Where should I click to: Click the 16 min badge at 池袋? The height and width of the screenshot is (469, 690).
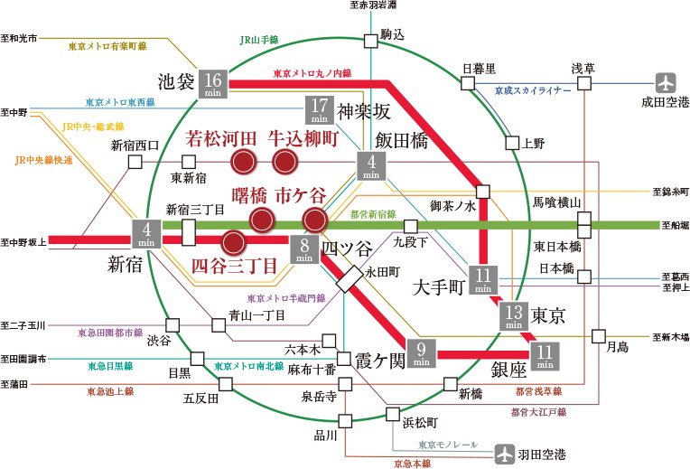213,84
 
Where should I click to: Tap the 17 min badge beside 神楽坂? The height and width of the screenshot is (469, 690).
320,110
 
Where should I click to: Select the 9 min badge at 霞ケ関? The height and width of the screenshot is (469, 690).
421,353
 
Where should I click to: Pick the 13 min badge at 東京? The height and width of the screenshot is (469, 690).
514,316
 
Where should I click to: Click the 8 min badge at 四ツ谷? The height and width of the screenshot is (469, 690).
304,249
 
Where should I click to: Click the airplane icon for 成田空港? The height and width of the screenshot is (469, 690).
666,83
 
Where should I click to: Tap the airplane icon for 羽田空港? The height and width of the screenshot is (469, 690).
504,454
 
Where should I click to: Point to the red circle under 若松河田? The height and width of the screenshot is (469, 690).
243,162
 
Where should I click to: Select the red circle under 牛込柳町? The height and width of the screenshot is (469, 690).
284,162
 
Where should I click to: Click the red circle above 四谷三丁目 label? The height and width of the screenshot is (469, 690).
233,243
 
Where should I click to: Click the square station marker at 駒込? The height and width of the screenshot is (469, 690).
371,41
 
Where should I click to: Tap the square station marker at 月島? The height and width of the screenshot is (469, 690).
599,336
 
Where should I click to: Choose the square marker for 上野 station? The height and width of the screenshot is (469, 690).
512,143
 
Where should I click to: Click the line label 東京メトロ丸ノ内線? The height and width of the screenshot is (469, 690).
312,73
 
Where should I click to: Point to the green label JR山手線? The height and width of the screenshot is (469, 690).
259,40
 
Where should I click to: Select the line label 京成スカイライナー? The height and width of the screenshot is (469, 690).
533,90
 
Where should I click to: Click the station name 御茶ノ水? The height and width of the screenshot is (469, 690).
452,206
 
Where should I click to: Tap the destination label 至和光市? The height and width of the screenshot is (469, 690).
19,38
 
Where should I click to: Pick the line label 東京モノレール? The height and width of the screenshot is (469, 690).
448,446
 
